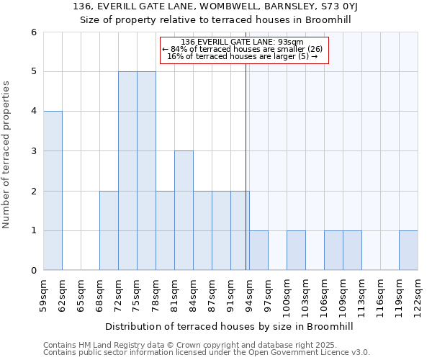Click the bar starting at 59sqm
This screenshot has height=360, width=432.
(53, 191)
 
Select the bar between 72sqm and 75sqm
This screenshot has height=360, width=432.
(127, 171)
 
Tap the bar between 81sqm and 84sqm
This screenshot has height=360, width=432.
(184, 210)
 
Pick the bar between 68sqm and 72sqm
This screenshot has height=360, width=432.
(109, 230)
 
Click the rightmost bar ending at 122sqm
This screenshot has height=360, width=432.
(408, 251)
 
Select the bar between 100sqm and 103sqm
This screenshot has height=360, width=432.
(296, 251)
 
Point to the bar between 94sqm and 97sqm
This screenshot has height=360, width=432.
(258, 251)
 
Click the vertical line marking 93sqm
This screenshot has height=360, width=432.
(246, 158)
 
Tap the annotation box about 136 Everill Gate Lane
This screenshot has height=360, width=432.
(243, 50)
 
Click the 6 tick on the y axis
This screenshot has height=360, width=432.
(33, 32)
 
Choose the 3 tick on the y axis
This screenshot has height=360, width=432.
(33, 151)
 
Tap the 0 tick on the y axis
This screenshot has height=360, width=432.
(33, 271)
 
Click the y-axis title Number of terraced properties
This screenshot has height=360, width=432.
(7, 155)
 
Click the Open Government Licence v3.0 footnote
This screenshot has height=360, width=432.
(206, 353)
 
